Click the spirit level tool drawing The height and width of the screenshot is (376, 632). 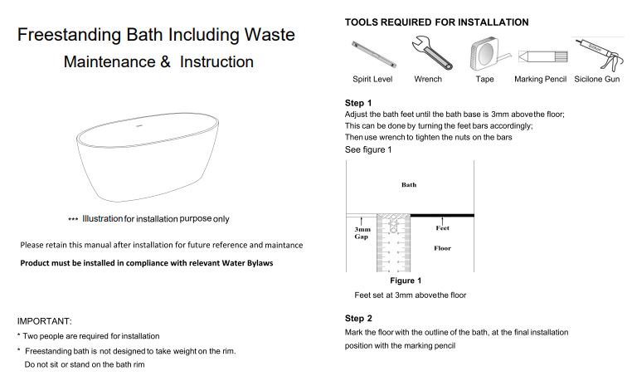pyautogui.click(x=373, y=55)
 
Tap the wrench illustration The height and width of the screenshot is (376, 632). pyautogui.click(x=431, y=53)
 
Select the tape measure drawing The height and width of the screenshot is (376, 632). pyautogui.click(x=489, y=54)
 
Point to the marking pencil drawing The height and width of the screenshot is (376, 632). pyautogui.click(x=543, y=56)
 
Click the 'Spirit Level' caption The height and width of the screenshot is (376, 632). pyautogui.click(x=372, y=79)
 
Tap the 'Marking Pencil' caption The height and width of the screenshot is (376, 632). pyautogui.click(x=540, y=79)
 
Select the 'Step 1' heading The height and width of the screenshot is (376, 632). pyautogui.click(x=358, y=103)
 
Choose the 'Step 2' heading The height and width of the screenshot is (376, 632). pyautogui.click(x=358, y=318)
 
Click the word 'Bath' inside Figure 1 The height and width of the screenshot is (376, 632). pyautogui.click(x=409, y=185)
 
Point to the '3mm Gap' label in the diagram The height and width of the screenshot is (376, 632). pyautogui.click(x=362, y=232)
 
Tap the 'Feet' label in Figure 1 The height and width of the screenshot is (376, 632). pyautogui.click(x=442, y=228)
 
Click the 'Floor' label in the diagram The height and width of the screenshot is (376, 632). pyautogui.click(x=442, y=248)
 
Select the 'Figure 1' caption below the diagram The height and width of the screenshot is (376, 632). pyautogui.click(x=406, y=281)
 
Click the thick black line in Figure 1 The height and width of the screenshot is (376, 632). pyautogui.click(x=442, y=216)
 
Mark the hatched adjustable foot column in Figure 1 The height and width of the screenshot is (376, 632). pyautogui.click(x=393, y=243)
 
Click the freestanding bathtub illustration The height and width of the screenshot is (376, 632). pyautogui.click(x=148, y=157)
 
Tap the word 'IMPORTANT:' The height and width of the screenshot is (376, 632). pyautogui.click(x=44, y=321)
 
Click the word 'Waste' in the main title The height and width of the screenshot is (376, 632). pyautogui.click(x=270, y=35)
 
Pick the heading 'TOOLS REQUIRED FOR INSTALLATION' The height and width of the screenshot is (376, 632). pyautogui.click(x=436, y=22)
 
